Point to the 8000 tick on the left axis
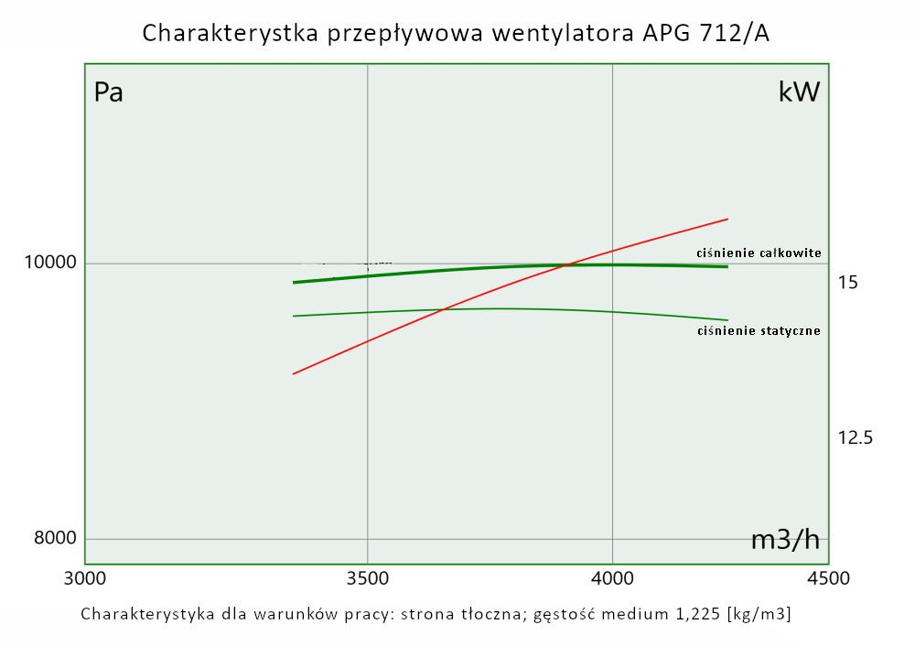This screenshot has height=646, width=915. pos(56,538)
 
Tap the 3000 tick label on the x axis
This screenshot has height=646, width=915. pos(84,578)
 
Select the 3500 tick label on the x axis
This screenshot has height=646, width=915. pos(367,578)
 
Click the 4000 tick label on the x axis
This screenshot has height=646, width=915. pos(612,578)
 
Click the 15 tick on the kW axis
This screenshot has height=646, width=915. pos(847,283)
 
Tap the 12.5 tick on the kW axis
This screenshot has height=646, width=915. pos(856,437)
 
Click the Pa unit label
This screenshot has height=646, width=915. pos(109,92)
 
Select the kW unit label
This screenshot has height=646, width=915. pos(799,92)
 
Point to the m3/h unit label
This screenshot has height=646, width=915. pos(785,540)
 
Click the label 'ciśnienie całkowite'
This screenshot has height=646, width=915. pos(759,253)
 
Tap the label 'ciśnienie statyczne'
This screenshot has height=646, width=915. pos(759,330)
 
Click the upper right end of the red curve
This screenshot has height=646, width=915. pos(727,219)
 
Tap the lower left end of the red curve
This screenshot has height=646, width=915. pos(294,374)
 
